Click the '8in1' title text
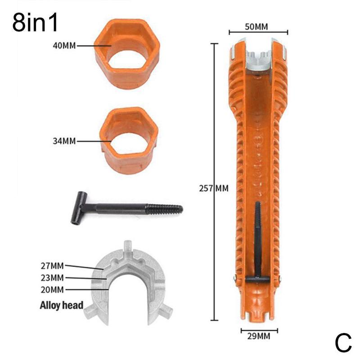tap(36, 23)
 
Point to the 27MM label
tap(52, 265)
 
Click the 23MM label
tap(52, 277)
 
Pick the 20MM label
tap(52, 289)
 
